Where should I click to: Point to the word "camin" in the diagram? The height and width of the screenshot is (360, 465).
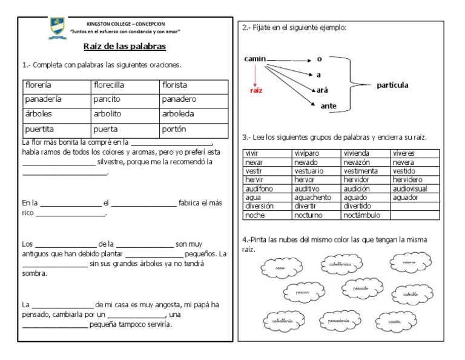pos(255,59)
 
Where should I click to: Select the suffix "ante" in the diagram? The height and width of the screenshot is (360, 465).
pos(328,106)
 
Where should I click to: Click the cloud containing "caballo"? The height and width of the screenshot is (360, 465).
pos(412,293)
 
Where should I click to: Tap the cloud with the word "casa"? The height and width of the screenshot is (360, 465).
pos(279,267)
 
